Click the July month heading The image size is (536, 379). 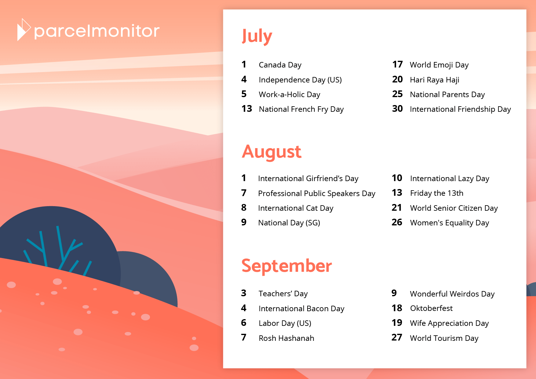coord(257,36)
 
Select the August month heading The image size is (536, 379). coord(272,152)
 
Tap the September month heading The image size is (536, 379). coord(286,266)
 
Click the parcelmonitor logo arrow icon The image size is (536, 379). coord(24,30)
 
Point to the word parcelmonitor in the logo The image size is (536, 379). coord(97,31)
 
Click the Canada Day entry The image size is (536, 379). coord(280,65)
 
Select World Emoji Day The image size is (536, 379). coord(439,65)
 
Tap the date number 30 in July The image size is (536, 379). coord(397,109)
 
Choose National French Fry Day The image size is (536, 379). coord(301,109)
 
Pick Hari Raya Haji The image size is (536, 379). coord(435,80)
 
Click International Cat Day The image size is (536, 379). coord(296,208)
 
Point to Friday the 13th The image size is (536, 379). coord(437,193)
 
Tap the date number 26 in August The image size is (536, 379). coord(397,222)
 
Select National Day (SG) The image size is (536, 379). coord(289,223)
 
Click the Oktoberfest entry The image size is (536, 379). coord(431,308)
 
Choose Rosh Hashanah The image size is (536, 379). coord(286,338)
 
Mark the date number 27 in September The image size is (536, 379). coord(397,337)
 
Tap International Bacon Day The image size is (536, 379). coord(301,309)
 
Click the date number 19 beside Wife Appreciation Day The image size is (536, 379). coord(397,323)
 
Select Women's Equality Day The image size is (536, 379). coord(450,223)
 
